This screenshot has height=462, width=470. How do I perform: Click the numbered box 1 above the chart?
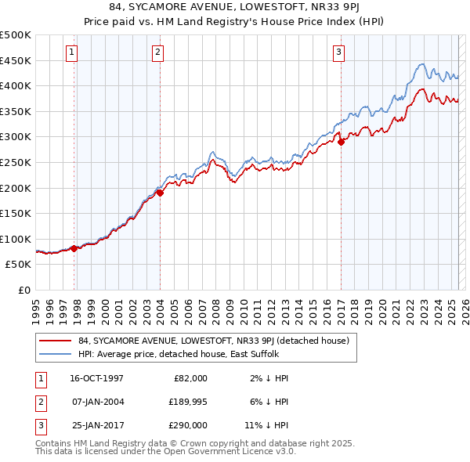pyautogui.click(x=71, y=52)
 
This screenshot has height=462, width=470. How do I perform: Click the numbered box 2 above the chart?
pyautogui.click(x=157, y=52)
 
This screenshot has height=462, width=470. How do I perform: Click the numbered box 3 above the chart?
pyautogui.click(x=339, y=52)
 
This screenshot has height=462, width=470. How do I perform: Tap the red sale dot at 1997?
pyautogui.click(x=74, y=248)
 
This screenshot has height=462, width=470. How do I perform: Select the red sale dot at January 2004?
pyautogui.click(x=160, y=193)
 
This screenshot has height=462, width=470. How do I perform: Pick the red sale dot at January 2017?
pyautogui.click(x=341, y=142)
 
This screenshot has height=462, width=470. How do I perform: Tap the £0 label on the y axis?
pyautogui.click(x=25, y=290)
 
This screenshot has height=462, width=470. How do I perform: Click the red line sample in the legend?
pyautogui.click(x=55, y=341)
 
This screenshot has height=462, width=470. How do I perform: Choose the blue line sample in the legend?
pyautogui.click(x=55, y=353)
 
